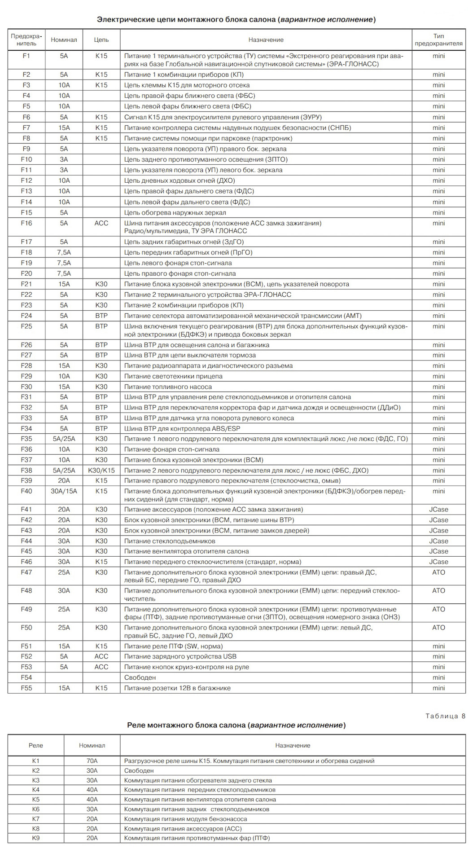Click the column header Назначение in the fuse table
[266, 40]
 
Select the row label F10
[26, 159]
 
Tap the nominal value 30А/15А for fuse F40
[64, 491]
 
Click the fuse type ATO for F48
[438, 591]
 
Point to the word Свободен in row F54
[140, 677]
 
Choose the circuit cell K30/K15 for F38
[101, 471]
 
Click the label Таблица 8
[445, 716]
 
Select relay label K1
[36, 761]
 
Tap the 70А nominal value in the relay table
[92, 761]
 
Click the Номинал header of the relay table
[92, 745]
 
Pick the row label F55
[26, 688]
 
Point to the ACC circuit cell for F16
[101, 223]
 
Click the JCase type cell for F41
[438, 510]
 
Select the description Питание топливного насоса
[168, 387]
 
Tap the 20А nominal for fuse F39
[64, 480]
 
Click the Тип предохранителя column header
[438, 40]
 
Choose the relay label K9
[36, 838]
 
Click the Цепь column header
[101, 40]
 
